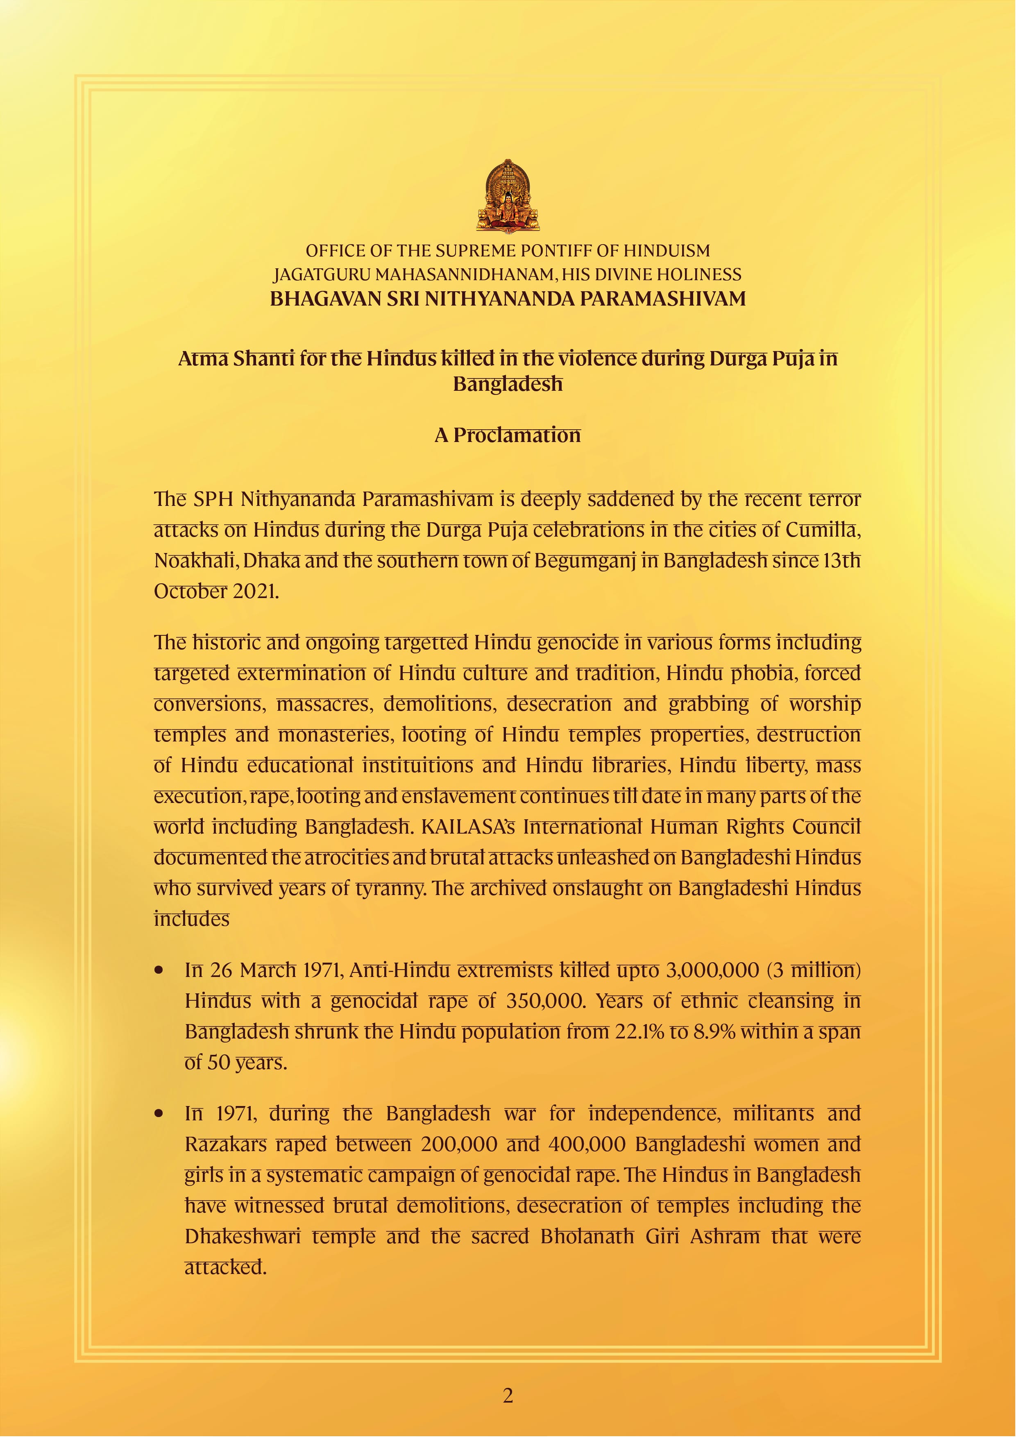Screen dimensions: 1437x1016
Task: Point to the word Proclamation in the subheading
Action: [517, 435]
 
